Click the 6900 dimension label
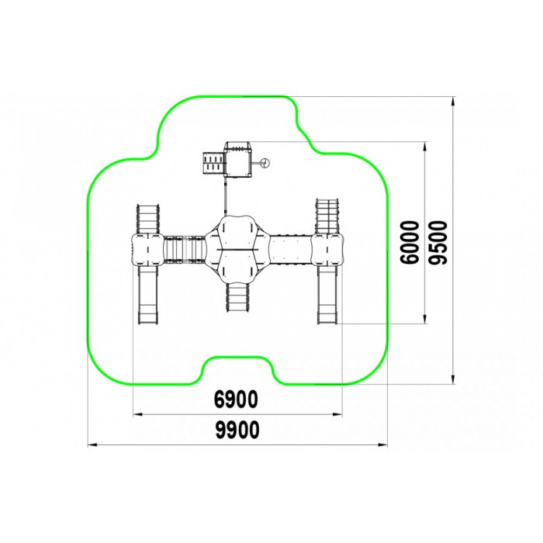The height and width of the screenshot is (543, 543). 236,399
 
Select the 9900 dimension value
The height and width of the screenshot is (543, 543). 237,430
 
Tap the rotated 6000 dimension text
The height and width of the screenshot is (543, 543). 409,242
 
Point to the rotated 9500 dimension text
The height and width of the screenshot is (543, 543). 438,242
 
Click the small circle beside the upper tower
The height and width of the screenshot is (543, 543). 265,162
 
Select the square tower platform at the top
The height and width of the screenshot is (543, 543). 237,159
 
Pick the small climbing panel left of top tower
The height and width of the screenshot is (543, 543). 213,163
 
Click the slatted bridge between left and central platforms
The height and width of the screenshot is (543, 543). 185,249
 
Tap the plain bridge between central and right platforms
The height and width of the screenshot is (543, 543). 291,250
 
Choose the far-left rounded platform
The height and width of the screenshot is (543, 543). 147,249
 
